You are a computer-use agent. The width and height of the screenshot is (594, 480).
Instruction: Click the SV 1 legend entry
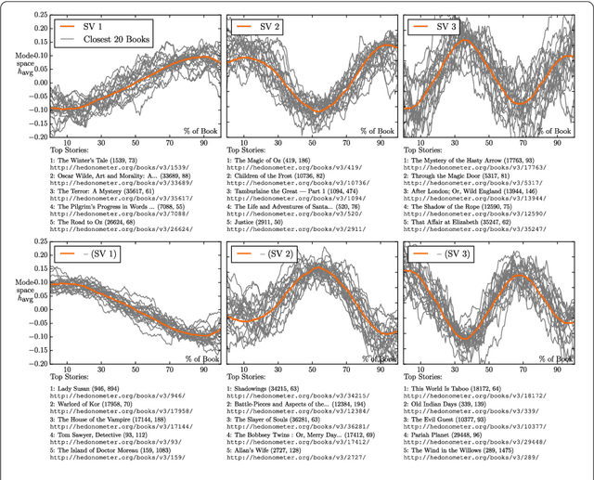coord(90,25)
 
